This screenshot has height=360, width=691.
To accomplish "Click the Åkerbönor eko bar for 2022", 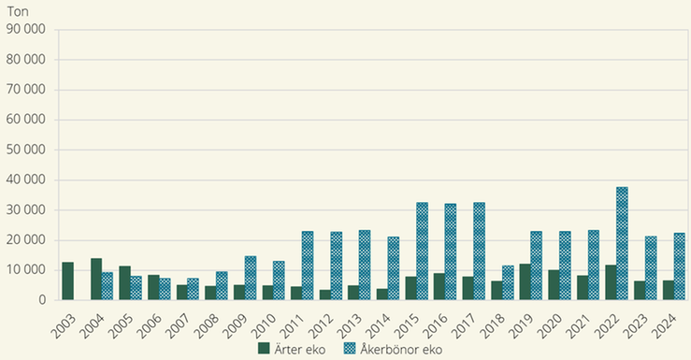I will pos(622,243).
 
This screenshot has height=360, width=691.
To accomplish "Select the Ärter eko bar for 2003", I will pos(67,281).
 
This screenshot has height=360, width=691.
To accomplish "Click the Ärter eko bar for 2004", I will pos(96,279).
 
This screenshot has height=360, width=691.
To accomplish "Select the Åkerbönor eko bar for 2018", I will pos(508,282).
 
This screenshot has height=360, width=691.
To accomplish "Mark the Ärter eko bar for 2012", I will pos(324,295).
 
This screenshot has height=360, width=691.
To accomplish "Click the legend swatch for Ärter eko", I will pos(265,349).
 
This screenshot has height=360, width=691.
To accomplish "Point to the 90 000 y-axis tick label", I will pos(26,30).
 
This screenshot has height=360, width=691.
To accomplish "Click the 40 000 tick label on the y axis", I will pos(26,180).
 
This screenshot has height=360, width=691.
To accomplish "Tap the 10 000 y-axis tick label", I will pos(26,269).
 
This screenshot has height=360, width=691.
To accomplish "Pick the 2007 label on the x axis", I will pos(177,322).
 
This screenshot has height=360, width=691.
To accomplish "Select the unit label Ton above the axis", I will pos(17,10).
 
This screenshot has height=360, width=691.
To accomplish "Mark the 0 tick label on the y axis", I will pos(43,299).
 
